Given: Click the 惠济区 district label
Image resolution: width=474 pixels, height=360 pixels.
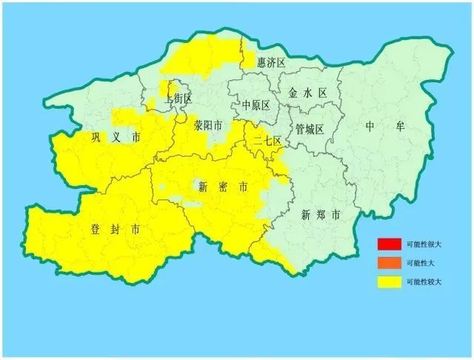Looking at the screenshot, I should [271, 64].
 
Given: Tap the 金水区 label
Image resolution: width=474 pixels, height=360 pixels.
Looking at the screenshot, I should [307, 93].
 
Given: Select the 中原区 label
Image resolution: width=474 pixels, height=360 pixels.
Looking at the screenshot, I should [256, 105].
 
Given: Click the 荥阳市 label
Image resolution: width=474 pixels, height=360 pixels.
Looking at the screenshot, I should [208, 126].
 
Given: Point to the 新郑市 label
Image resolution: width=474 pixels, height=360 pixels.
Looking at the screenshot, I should [321, 216].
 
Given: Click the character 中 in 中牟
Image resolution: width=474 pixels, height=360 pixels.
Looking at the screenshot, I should [370, 127].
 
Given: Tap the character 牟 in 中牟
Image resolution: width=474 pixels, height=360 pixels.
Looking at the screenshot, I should [400, 127].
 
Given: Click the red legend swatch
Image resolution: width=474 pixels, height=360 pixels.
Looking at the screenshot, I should [387, 244].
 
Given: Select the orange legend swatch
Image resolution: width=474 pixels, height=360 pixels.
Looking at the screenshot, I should [387, 263].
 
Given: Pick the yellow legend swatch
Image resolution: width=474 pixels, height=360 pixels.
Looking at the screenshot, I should [387, 281].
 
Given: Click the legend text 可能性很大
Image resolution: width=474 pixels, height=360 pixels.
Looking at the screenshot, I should [424, 245].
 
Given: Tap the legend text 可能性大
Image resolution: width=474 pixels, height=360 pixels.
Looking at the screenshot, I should [420, 264].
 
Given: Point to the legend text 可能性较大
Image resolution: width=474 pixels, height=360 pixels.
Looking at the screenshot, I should [424, 282].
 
